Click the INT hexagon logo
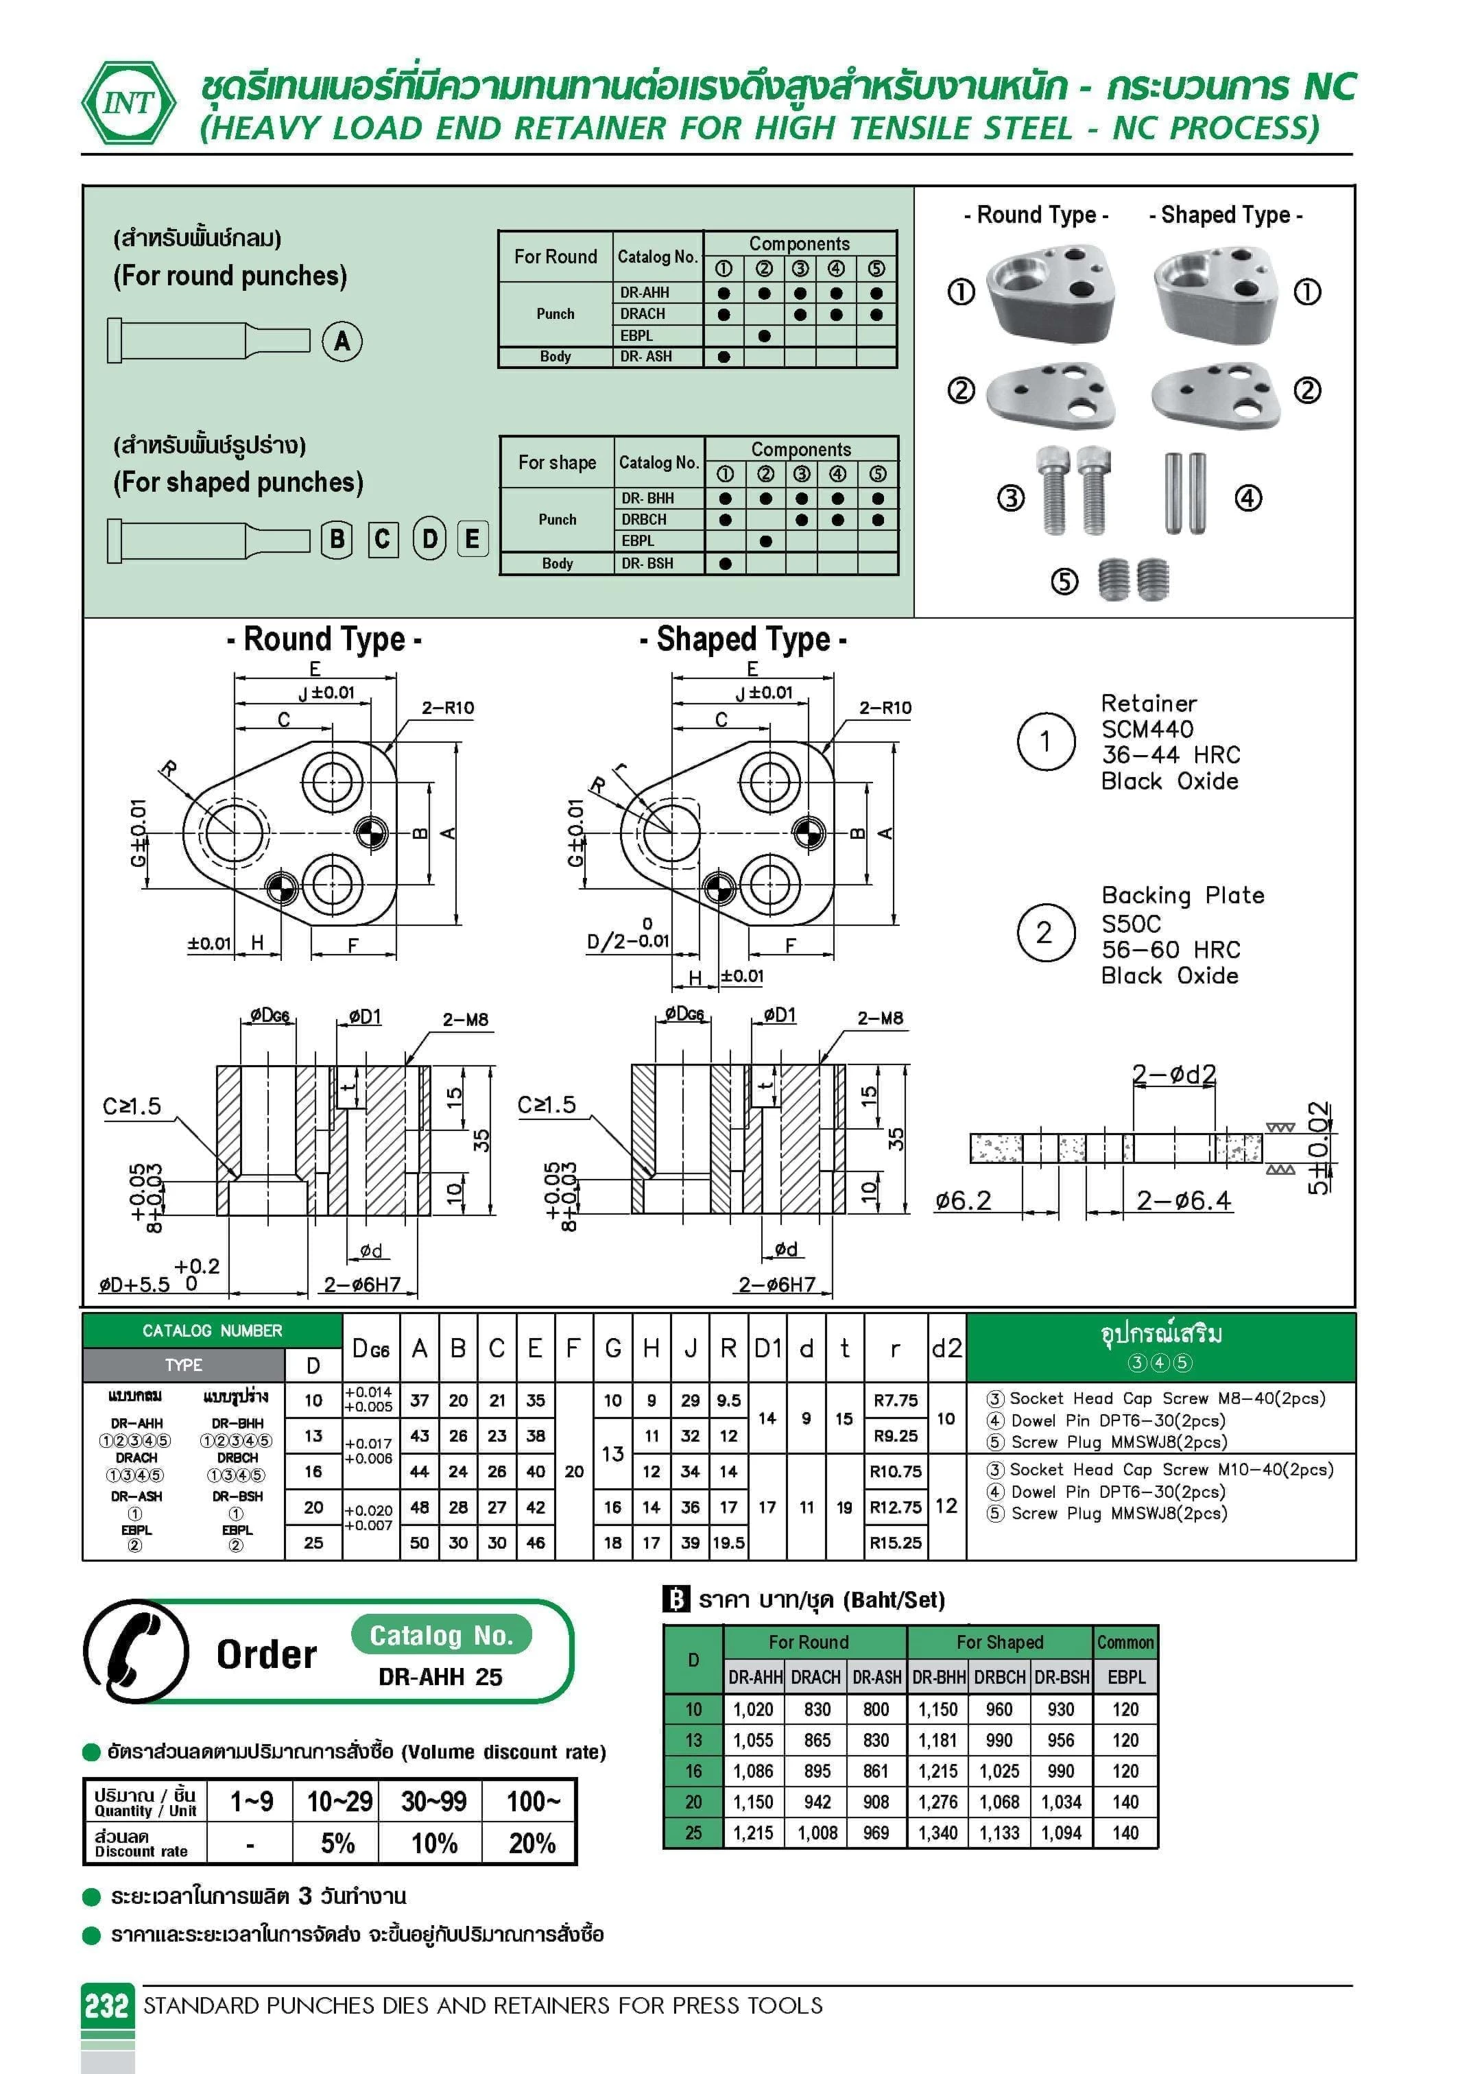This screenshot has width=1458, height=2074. tap(129, 103)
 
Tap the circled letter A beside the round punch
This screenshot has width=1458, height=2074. tap(342, 342)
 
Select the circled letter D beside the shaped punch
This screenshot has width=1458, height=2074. tap(429, 539)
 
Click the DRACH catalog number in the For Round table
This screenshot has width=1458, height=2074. tap(643, 313)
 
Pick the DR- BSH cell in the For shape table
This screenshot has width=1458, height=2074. tap(647, 564)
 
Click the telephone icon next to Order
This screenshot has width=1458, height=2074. tap(136, 1652)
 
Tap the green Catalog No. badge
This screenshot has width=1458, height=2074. tap(441, 1636)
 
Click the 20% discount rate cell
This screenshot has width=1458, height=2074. tap(531, 1844)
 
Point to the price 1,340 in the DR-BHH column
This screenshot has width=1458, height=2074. tap(937, 1833)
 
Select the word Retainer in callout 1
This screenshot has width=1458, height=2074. tap(1148, 704)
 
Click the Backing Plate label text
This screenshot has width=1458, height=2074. tap(1182, 895)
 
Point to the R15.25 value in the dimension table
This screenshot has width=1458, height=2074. tap(895, 1543)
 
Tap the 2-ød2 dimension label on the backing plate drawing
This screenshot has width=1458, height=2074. tap(1173, 1074)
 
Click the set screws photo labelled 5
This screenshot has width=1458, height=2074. tap(1134, 579)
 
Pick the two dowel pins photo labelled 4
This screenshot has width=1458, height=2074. tap(1185, 493)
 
